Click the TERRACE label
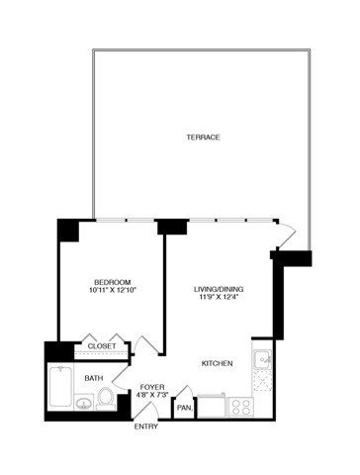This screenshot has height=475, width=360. click(x=202, y=137)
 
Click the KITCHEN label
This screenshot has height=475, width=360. click(x=217, y=364)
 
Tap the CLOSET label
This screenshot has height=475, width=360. click(x=102, y=346)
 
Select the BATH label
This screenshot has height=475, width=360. click(x=94, y=378)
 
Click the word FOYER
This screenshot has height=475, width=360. click(x=151, y=387)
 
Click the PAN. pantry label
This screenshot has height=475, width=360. click(x=184, y=407)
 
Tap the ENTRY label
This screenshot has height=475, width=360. click(x=147, y=427)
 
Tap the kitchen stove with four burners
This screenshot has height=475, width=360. click(x=240, y=406)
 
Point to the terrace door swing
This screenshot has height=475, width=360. click(x=286, y=233)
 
